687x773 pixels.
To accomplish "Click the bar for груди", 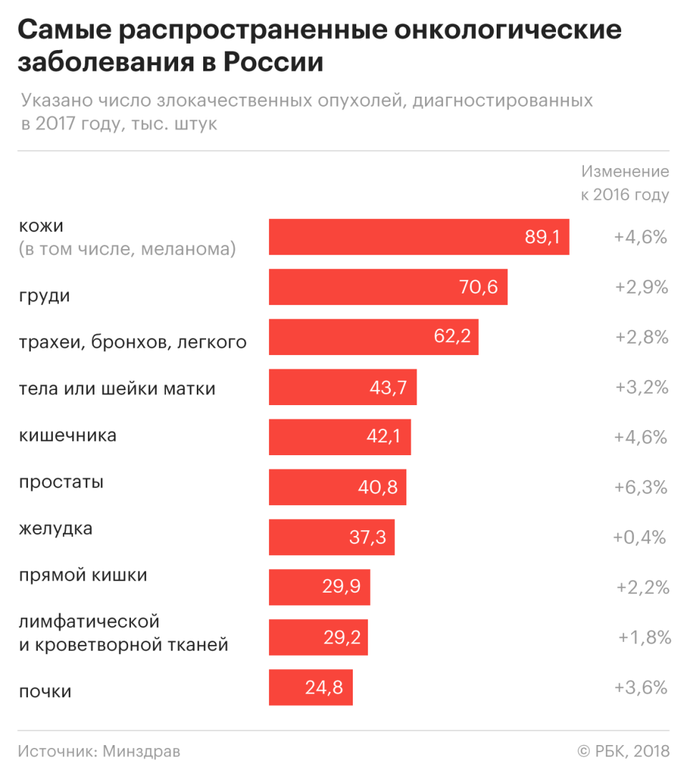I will (x=388, y=287).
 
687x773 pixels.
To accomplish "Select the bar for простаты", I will (x=337, y=487).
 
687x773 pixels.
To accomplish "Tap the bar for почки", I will (x=311, y=688).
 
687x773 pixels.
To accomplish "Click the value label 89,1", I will (x=542, y=238).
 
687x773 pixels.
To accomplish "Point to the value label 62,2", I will (x=452, y=336).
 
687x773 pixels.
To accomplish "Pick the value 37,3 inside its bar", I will (x=368, y=537).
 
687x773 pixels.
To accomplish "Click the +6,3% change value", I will (x=640, y=487).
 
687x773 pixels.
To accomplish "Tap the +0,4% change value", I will (x=640, y=537).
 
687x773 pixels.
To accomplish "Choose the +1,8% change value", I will (x=645, y=637).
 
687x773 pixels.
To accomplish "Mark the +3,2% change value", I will (x=641, y=387).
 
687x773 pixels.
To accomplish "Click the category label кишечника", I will (x=67, y=435).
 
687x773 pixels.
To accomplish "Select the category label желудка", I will (x=56, y=530).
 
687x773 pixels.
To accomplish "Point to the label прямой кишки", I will (x=83, y=575).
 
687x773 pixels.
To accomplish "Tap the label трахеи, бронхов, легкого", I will (x=132, y=343).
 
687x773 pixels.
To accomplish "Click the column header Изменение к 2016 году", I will (x=625, y=183).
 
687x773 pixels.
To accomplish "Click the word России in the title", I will (x=273, y=63).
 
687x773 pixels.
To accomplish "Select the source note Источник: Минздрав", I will (x=99, y=752).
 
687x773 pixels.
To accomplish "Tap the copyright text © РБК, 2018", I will (x=623, y=752).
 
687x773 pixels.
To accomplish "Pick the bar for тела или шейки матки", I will (x=342, y=387).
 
